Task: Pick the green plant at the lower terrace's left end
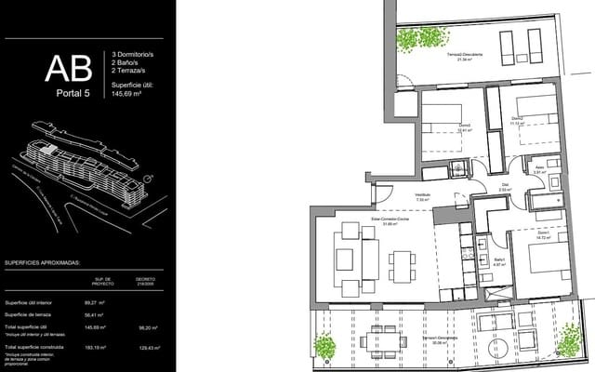[x=324, y=347]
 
